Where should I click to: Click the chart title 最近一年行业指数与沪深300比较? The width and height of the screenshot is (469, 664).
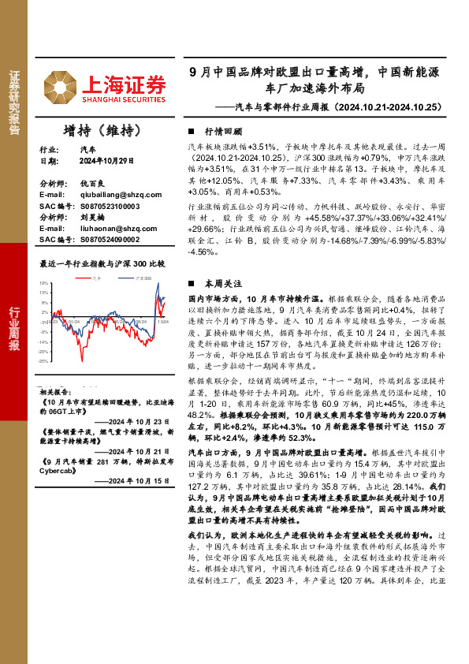(x=102, y=264)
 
